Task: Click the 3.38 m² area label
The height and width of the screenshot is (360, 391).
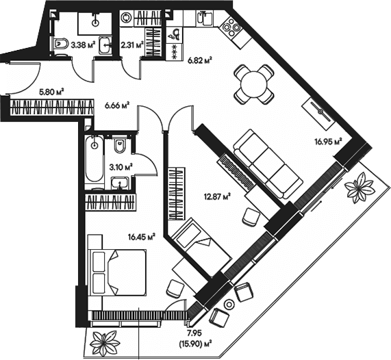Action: tap(84, 45)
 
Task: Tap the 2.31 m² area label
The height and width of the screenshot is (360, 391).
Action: tap(132, 45)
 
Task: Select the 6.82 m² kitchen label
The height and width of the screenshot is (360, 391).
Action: tap(200, 60)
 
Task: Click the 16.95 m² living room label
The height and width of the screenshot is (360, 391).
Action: tap(328, 142)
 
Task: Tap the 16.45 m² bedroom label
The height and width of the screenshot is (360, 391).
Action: tap(142, 236)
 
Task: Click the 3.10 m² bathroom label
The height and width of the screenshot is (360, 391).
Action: tap(121, 167)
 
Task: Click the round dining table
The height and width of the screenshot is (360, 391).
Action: tap(254, 84)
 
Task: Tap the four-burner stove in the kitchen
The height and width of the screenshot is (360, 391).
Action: tap(231, 27)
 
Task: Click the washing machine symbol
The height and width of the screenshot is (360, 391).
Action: tap(126, 18)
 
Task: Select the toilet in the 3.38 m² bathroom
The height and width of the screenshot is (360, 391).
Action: tap(61, 44)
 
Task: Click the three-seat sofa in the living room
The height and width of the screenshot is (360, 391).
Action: tap(268, 164)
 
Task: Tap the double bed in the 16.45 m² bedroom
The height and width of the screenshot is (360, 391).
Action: tap(117, 272)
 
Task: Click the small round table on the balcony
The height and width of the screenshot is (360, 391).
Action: tap(229, 304)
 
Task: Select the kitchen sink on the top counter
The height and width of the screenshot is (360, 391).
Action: tap(205, 18)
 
